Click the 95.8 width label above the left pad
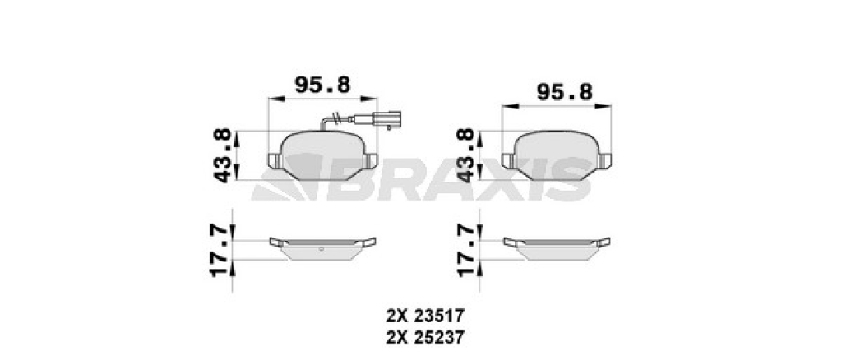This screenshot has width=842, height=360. click(x=322, y=85)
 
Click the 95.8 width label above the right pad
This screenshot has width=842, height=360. click(x=564, y=93)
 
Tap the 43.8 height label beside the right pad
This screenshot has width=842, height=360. click(x=465, y=155)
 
